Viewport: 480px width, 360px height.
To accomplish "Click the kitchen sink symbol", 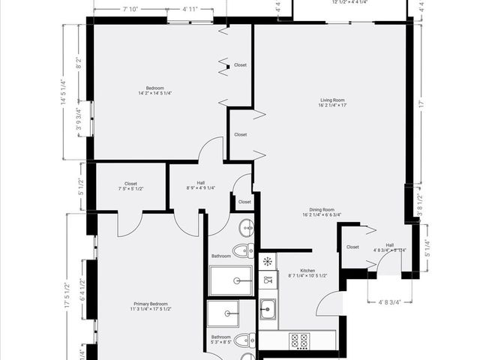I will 268,308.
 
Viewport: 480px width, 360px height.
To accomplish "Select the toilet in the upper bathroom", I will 242,250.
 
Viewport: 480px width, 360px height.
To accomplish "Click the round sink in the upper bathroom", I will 246,226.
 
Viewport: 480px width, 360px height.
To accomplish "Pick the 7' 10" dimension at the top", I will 131,9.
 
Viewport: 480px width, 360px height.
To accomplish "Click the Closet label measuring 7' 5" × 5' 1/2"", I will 130,185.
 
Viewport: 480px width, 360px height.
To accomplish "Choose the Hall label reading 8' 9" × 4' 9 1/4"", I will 200,185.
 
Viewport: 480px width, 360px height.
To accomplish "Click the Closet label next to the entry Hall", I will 352,247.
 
